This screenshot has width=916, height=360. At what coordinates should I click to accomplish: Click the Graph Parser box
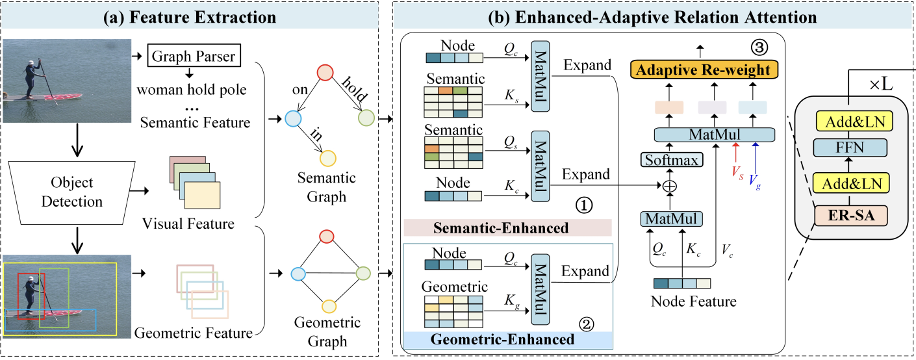click(194, 56)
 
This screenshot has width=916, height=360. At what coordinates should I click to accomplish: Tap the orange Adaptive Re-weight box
click(704, 70)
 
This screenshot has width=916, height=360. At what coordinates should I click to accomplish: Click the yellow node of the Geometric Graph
click(328, 305)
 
